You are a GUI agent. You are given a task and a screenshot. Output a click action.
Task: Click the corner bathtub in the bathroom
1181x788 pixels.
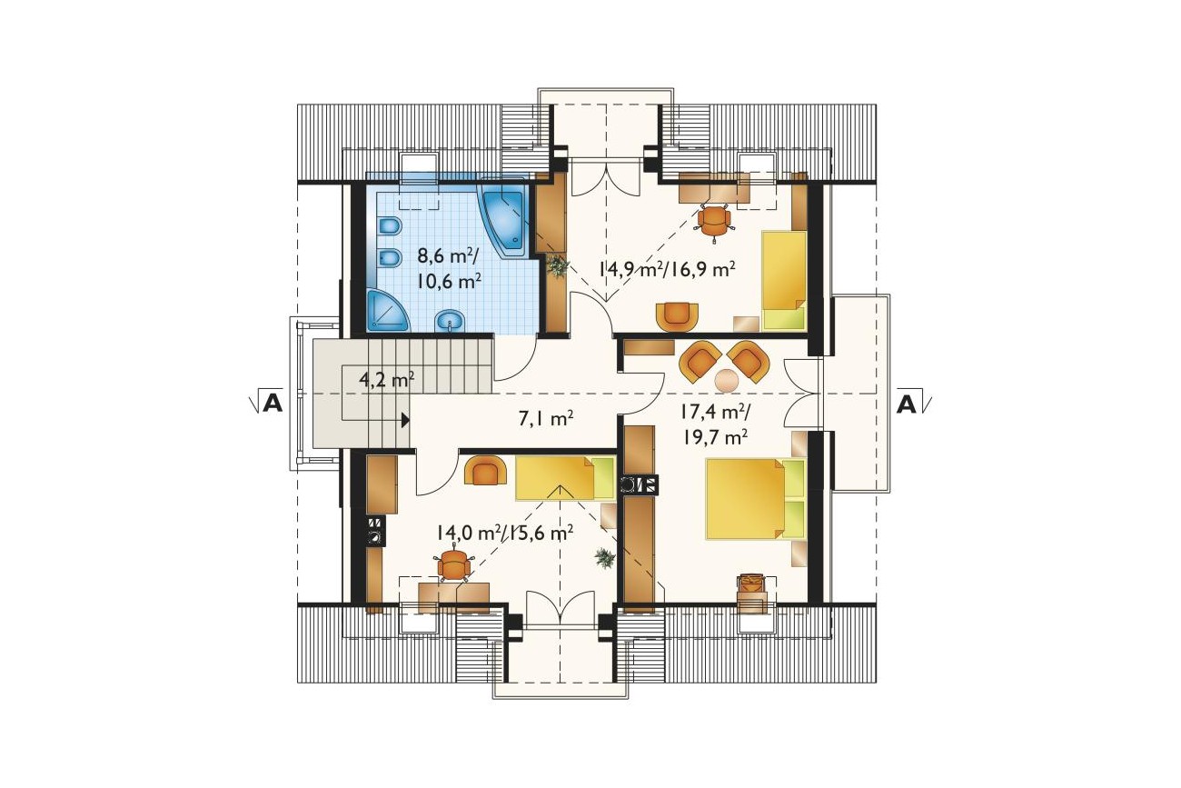click(502, 219)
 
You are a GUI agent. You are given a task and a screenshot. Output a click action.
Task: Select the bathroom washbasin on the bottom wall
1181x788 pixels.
click(449, 321)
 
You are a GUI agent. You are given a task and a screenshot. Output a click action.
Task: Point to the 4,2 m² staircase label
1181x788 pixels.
click(386, 379)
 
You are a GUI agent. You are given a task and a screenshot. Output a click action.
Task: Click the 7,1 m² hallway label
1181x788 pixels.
click(546, 419)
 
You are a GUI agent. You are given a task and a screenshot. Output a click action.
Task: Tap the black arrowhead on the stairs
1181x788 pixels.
click(405, 420)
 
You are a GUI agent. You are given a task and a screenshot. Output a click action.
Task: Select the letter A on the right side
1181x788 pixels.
click(907, 404)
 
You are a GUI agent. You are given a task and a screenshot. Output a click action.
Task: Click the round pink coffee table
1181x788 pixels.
click(727, 380)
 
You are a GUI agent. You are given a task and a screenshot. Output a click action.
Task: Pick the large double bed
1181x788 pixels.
click(756, 499)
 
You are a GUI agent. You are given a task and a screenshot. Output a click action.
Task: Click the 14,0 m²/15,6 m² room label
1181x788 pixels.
click(504, 533)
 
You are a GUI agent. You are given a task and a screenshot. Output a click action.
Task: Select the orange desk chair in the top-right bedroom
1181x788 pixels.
click(713, 221)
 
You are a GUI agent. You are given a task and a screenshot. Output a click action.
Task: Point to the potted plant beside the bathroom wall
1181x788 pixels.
click(556, 265)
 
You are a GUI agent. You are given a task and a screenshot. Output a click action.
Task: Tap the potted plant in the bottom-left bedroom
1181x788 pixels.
click(604, 558)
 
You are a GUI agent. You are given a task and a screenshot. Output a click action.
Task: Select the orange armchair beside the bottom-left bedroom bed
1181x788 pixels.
click(486, 471)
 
